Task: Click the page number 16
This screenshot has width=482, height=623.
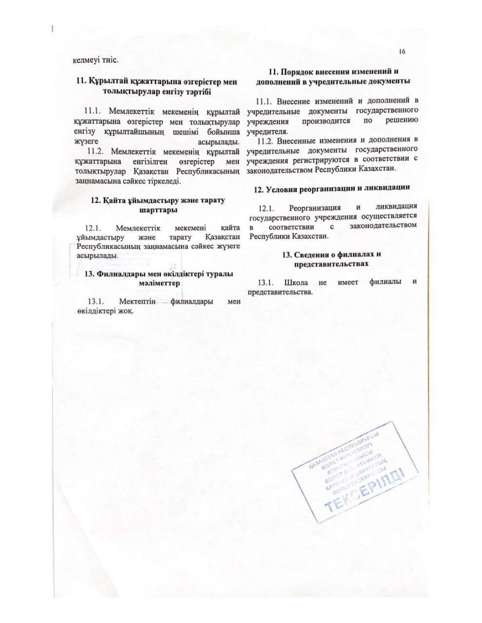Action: point(402,52)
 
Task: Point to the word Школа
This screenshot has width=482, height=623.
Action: point(295,283)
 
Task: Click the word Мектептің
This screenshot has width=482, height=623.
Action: point(137,302)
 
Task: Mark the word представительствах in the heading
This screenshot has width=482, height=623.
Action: point(331,263)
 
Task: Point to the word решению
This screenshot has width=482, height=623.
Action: point(401,120)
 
